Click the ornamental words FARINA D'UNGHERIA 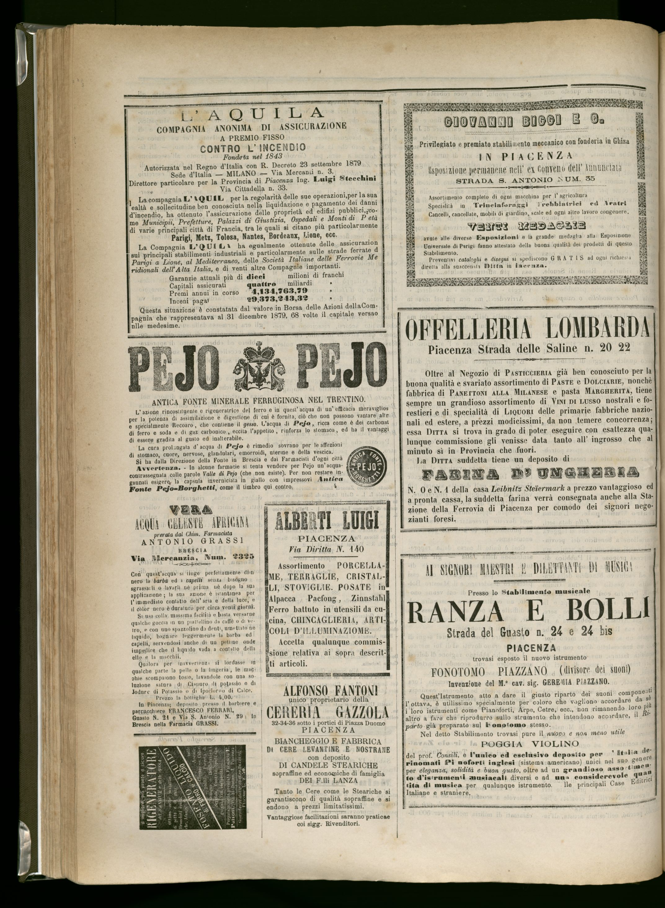(x=530, y=474)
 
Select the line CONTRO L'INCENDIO (x=253, y=147)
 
